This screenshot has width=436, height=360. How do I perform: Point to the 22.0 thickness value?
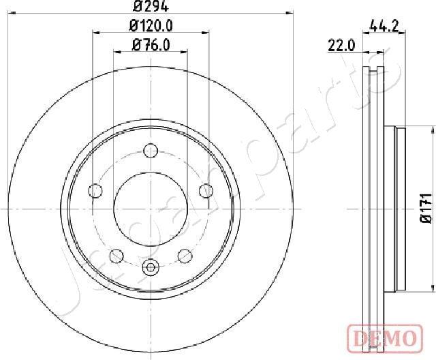tap(342, 46)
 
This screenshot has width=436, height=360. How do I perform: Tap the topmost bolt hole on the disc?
tap(151, 151)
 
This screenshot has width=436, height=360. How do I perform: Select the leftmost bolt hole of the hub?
tap(96, 190)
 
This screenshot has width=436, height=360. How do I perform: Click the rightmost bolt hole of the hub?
tap(204, 190)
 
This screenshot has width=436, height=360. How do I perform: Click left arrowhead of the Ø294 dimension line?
tap(11, 12)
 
